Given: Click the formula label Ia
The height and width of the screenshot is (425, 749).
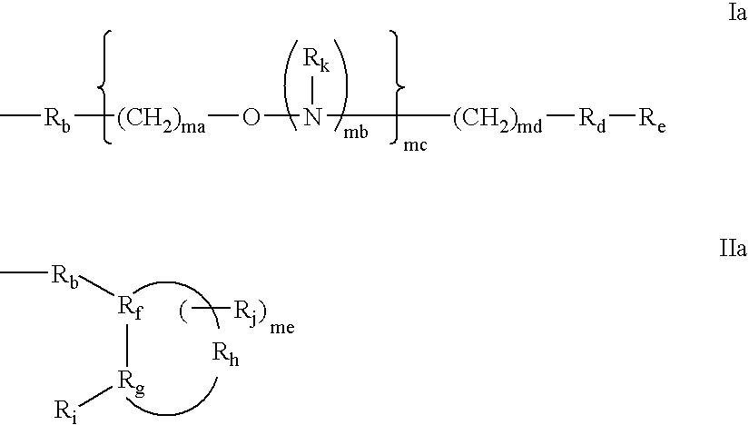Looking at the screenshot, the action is point(737,13).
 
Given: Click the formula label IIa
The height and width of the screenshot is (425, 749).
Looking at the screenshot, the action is point(733,249).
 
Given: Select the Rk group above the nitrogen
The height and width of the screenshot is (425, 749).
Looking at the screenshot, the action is point(316,60).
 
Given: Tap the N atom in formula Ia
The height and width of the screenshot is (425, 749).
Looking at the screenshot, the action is point(313,117).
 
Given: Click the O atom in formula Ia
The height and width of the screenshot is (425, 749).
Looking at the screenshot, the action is point(251,117).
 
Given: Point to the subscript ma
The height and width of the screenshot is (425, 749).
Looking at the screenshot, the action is point(192,127).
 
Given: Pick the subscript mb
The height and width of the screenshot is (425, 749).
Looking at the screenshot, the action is point(356,133).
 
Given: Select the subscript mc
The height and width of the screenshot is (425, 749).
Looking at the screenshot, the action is point(415,145).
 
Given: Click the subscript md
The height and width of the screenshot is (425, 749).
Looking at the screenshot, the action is point(529,127).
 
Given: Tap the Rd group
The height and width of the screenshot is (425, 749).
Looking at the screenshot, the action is point(592,120).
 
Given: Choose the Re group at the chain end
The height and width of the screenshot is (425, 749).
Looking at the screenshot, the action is point(653,120).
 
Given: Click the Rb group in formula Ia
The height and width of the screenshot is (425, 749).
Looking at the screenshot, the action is point(57,120).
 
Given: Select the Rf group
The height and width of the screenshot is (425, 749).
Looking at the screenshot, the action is point(130,308).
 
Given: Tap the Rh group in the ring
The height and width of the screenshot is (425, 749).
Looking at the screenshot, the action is point(225,355).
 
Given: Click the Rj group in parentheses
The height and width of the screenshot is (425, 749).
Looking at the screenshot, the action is point(247,311).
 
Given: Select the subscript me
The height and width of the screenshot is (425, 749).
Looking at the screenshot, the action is point(282,328).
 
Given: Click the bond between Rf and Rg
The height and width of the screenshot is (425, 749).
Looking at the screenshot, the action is point(127,346).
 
